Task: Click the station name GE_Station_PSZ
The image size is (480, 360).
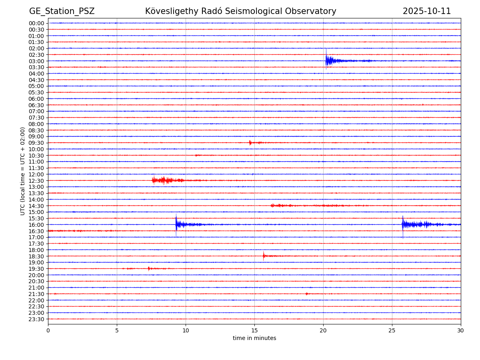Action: (62, 11)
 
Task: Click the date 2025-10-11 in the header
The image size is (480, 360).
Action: (426, 11)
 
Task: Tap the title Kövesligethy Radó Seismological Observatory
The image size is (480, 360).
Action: (240, 11)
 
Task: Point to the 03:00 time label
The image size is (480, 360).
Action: (36, 61)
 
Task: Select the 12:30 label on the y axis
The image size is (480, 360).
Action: (36, 180)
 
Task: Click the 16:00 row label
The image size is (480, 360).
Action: (36, 224)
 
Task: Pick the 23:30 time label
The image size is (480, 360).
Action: (36, 319)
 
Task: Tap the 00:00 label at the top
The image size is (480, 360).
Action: (36, 23)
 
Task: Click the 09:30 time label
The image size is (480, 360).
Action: (36, 143)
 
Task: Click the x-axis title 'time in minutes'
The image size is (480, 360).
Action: (254, 338)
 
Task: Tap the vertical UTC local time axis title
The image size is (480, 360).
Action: (23, 171)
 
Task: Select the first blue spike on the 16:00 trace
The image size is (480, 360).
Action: (176, 224)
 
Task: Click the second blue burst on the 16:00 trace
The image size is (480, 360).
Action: (404, 224)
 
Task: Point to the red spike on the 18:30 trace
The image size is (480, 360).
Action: (264, 256)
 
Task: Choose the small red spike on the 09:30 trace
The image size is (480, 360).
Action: (250, 142)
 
